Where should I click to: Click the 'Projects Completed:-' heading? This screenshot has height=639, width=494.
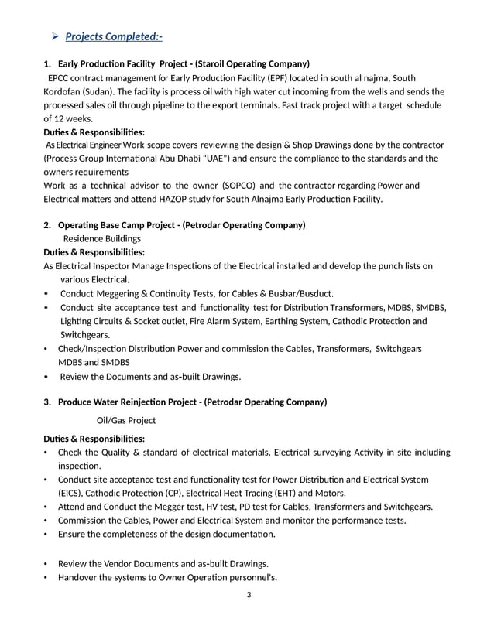tap(114, 36)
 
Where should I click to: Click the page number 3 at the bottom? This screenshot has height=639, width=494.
tap(247, 594)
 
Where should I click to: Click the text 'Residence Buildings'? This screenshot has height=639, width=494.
tap(101, 239)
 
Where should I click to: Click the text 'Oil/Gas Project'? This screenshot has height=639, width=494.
tap(125, 420)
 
